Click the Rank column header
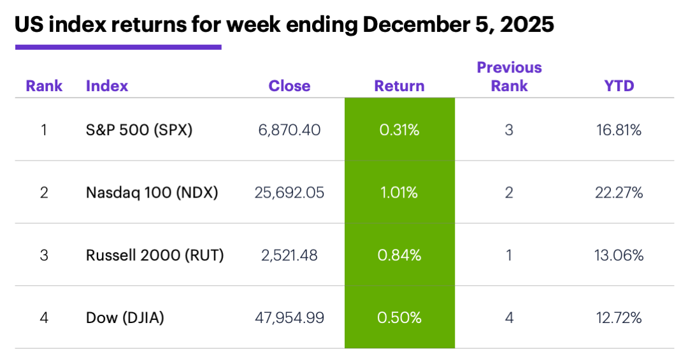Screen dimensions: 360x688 (x=44, y=86)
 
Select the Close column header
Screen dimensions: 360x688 (x=289, y=86)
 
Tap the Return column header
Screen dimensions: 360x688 (x=399, y=86)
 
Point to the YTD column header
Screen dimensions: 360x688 (x=619, y=86)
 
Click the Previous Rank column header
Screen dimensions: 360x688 (x=509, y=76)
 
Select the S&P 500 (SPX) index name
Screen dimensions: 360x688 (x=139, y=130)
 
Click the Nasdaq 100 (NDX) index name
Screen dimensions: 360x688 (x=152, y=192)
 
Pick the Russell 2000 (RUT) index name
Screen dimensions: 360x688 (x=155, y=256)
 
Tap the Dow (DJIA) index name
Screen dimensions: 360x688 (x=125, y=318)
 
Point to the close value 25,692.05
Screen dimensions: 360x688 (x=290, y=192)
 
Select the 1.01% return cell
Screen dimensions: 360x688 (x=399, y=192)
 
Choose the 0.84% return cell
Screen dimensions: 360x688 (x=399, y=256)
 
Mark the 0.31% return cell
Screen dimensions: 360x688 (x=399, y=130)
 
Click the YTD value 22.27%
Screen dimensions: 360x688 (x=619, y=192)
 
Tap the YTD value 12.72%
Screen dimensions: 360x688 (x=619, y=318)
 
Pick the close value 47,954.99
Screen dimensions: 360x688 (x=290, y=318)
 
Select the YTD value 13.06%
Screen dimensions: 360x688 (x=619, y=256)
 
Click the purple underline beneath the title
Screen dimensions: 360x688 (x=118, y=47)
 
